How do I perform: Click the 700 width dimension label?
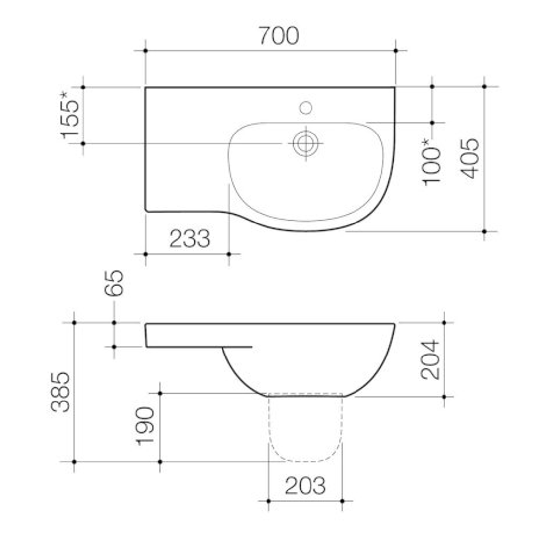pos(279,36)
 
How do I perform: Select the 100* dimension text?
pos(432,162)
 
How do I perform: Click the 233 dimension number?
pos(190,239)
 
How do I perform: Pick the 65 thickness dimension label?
pos(114,283)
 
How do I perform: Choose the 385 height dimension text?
pos(61,392)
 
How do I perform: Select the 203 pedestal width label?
pos(305,486)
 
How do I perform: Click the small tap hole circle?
pos(306,107)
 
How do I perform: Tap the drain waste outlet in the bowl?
pos(305,143)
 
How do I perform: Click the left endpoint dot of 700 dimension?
pos(145,51)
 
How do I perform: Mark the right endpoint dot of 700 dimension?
pos(395,51)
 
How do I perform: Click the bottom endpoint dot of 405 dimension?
pos(484,231)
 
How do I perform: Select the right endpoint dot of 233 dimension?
pos(229,254)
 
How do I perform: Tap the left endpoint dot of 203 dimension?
pos(268,501)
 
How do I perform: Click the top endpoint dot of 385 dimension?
pos(74,322)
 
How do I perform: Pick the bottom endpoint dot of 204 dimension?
pos(444,397)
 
